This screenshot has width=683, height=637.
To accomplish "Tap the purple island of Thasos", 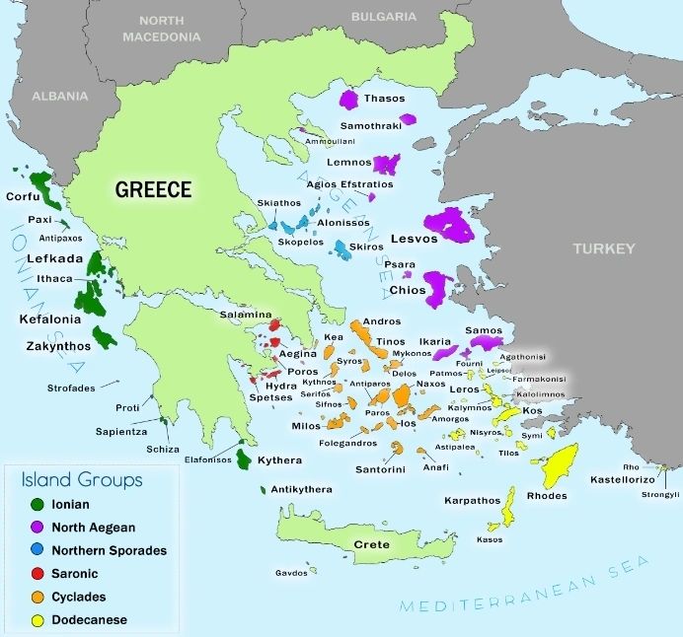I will click(348, 100).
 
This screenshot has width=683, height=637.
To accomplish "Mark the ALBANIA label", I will click(59, 97).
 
